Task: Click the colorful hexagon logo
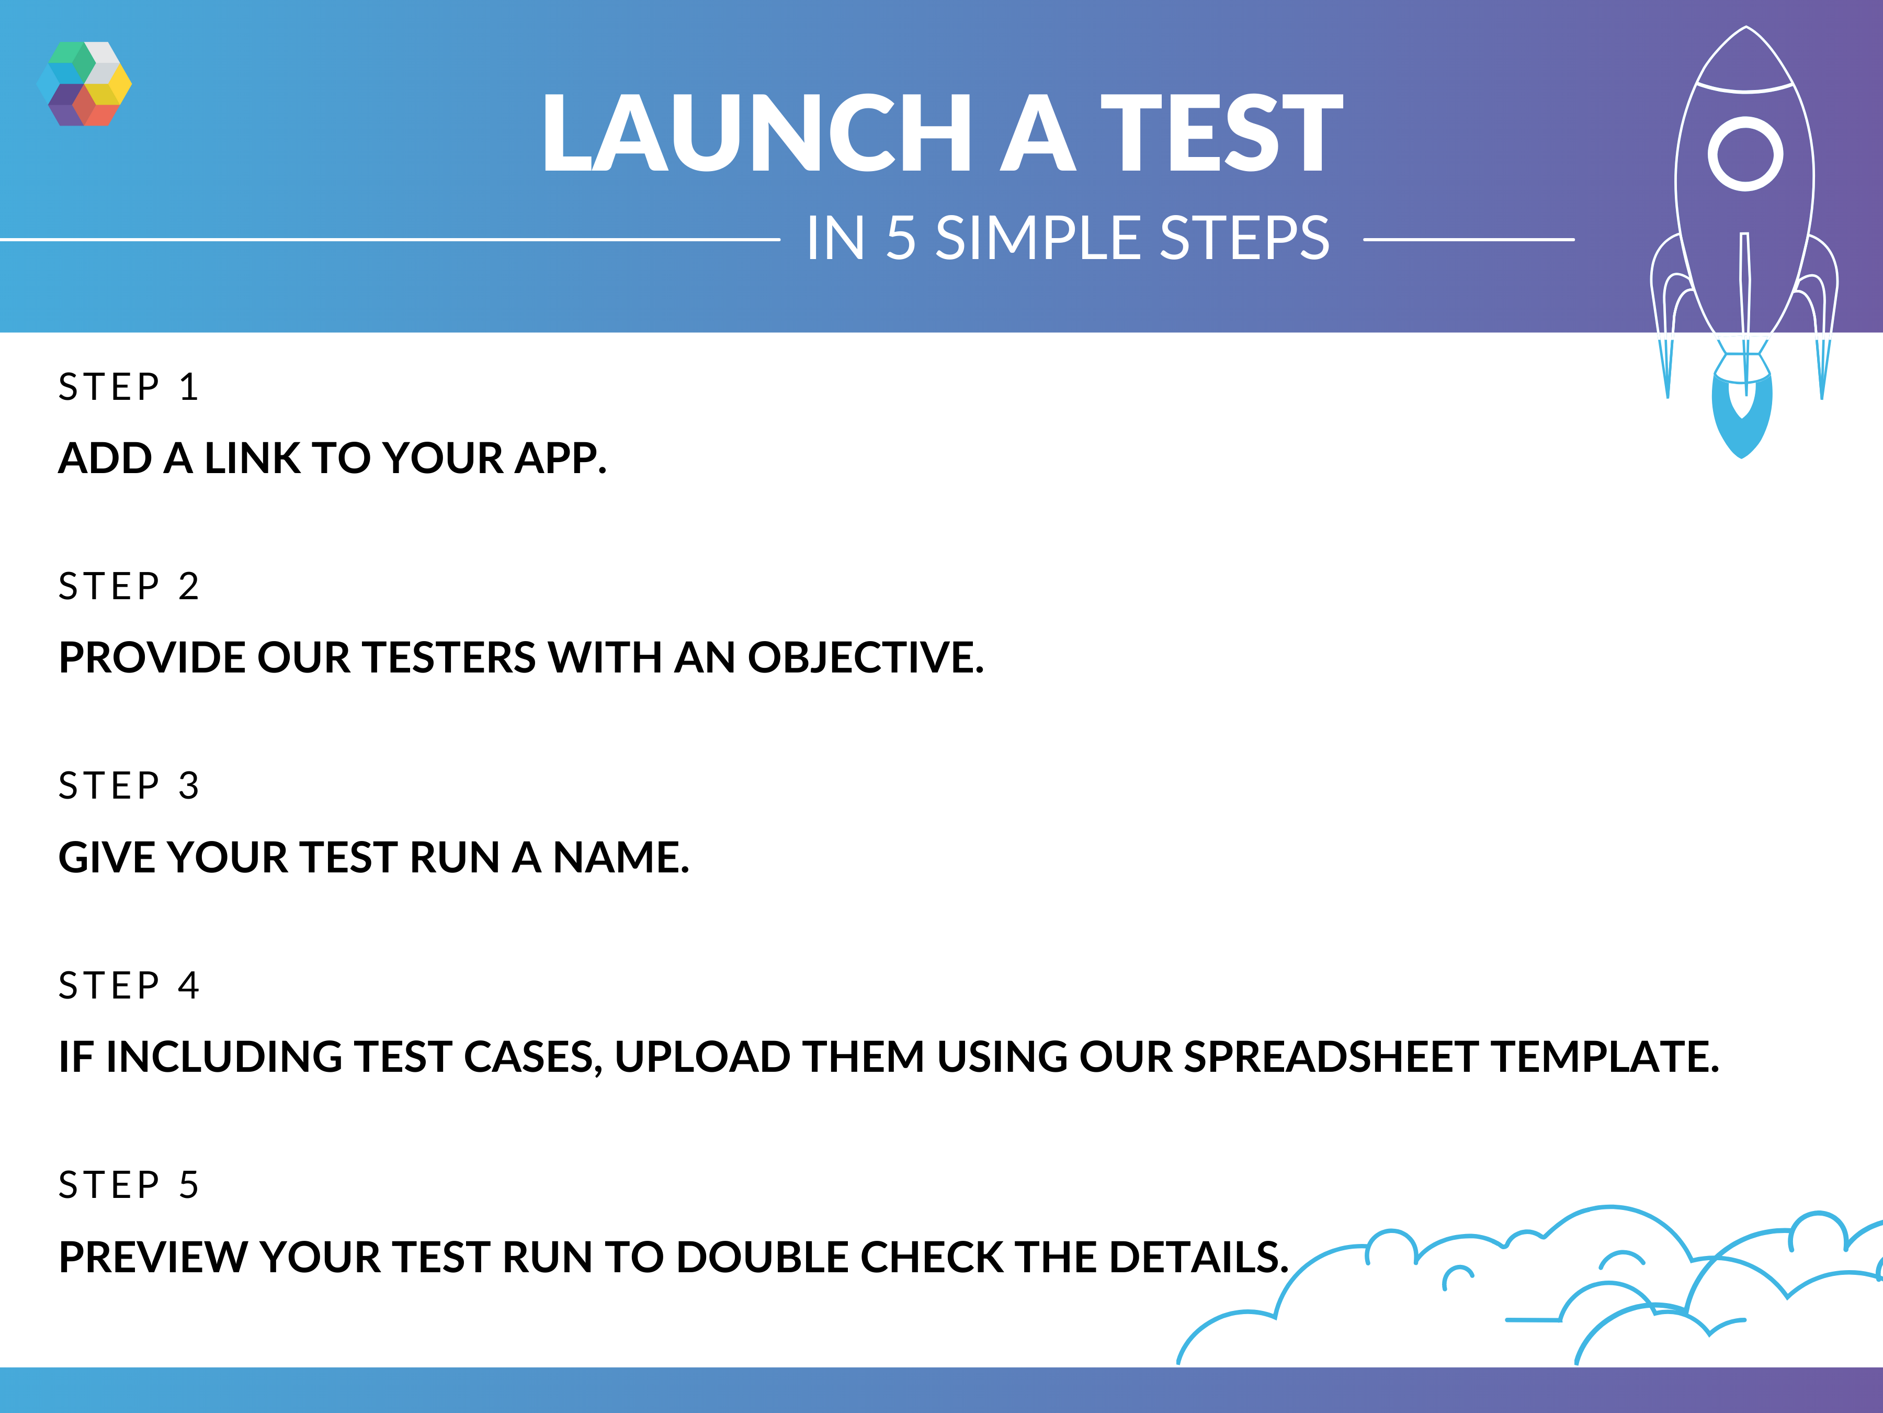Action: click(84, 83)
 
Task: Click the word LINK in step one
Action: click(252, 458)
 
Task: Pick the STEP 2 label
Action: click(128, 587)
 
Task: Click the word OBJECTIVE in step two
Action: click(866, 657)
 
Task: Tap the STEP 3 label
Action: click(128, 786)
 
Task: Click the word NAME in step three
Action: click(620, 857)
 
